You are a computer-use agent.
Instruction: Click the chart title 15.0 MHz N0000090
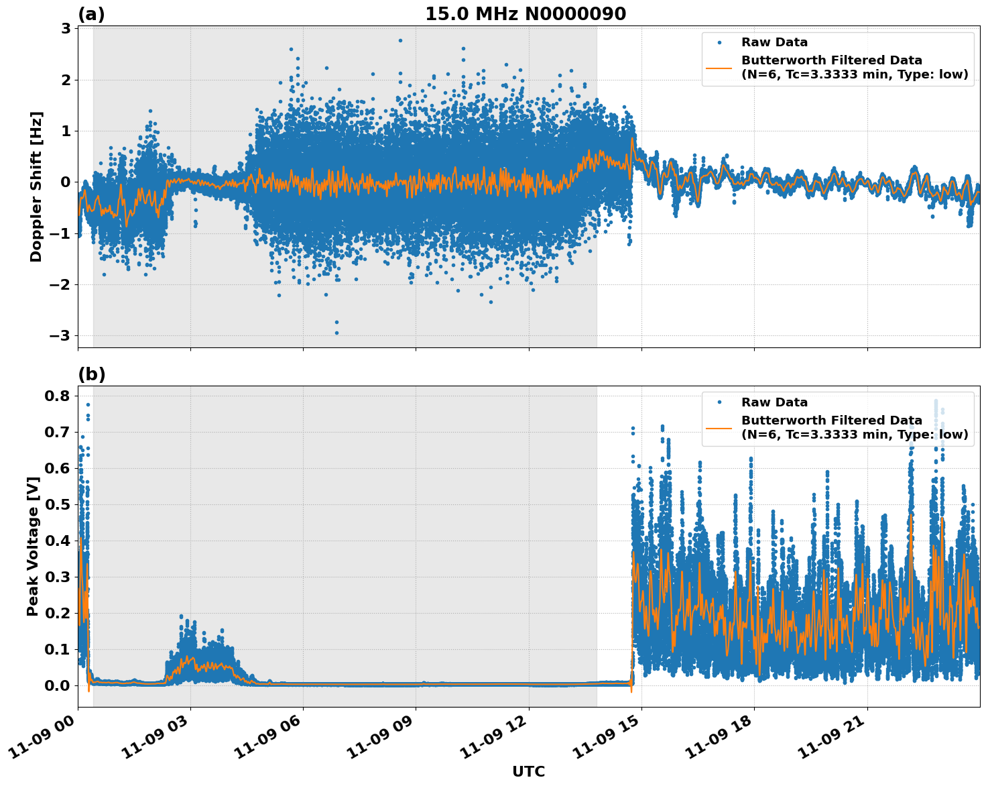tap(526, 14)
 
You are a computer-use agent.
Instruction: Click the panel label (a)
tap(91, 14)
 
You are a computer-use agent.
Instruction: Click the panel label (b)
tap(92, 374)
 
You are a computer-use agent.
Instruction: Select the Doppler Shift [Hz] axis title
tap(36, 186)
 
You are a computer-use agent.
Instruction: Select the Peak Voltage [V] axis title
tap(33, 546)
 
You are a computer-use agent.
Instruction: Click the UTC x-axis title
tap(528, 771)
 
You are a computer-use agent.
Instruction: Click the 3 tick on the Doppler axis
tap(66, 28)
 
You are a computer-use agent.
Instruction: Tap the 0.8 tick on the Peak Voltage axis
tap(57, 396)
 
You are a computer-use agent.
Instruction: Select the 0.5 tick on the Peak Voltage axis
tap(57, 504)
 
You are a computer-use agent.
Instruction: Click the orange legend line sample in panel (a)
tap(719, 68)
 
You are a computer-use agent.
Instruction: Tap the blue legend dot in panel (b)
tap(719, 402)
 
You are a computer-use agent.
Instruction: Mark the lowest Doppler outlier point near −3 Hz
tap(336, 333)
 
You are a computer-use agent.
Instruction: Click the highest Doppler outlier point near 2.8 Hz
tap(400, 40)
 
